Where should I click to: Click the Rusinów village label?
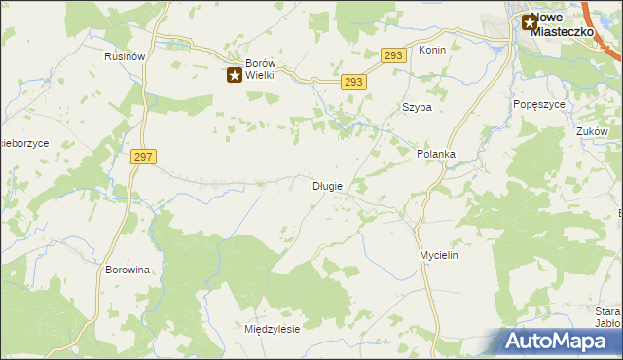pos(125,56)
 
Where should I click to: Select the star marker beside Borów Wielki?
pos(236,74)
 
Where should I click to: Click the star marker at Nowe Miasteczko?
pos(530,22)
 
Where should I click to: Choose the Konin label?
pos(432,50)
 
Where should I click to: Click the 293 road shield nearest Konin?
pos(392,56)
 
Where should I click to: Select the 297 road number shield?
pos(143,156)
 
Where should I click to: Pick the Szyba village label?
pos(417,108)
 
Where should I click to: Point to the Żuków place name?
pos(592,131)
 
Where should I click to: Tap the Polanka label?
pos(436,154)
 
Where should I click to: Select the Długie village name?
pos(326,185)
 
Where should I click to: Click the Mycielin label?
pos(438,255)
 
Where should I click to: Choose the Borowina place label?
pos(128,270)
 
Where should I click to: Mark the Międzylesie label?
pos(272,329)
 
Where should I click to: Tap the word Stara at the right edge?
pos(607,311)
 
